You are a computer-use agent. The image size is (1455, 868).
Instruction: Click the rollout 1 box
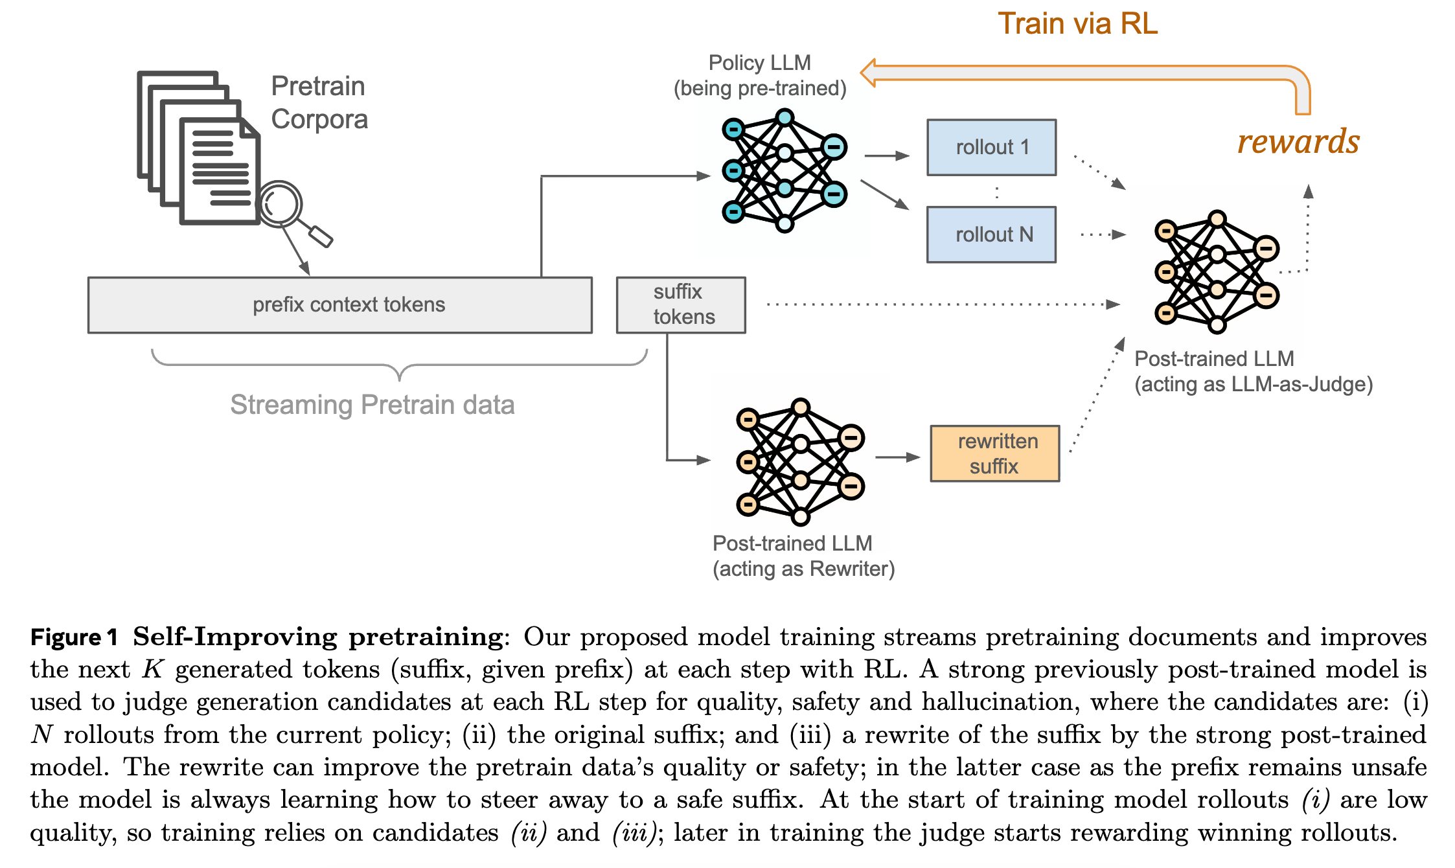(991, 148)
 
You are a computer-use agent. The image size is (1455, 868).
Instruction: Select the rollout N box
(991, 234)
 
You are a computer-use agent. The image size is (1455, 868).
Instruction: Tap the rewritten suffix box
(994, 453)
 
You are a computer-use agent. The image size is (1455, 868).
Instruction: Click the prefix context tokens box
(340, 305)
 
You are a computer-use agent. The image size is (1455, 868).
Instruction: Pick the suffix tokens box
(681, 305)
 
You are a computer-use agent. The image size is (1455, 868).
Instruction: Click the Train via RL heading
(1077, 24)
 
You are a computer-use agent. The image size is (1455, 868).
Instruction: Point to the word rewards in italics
(1298, 142)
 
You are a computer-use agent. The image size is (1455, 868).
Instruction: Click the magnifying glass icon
(282, 205)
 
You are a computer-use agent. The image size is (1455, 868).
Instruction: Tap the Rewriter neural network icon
(800, 461)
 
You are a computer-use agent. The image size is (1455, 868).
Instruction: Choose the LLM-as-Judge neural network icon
(1217, 271)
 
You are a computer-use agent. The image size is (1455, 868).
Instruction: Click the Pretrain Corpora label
(319, 102)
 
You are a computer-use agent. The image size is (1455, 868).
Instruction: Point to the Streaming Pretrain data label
(372, 405)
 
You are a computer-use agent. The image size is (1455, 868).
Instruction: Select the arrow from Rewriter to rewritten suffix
(897, 457)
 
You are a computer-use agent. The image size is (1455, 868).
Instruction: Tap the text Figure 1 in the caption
(74, 637)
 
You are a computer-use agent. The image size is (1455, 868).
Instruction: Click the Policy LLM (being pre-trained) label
(760, 75)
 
